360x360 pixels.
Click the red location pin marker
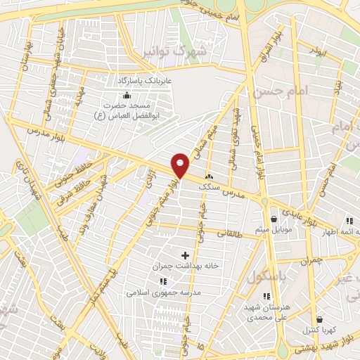point(181,165)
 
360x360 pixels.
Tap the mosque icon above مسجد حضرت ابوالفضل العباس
point(126,96)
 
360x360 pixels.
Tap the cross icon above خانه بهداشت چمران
point(186,255)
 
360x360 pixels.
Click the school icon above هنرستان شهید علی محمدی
point(266,297)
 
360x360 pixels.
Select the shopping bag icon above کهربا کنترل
point(319,319)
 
